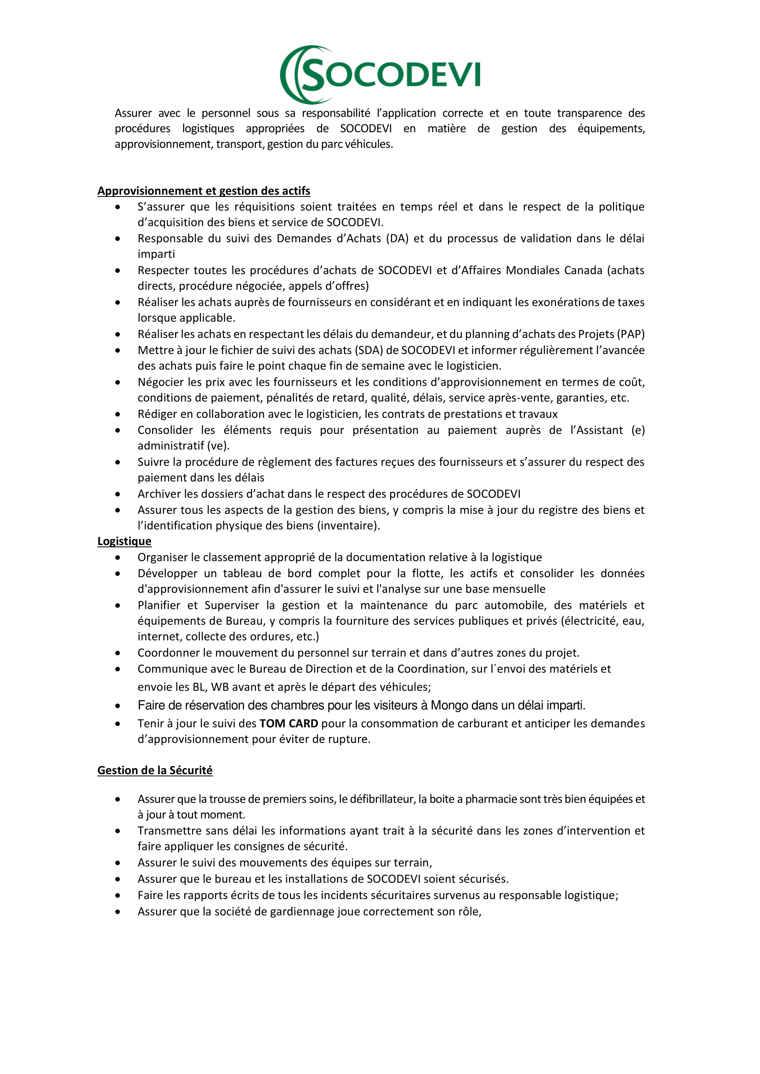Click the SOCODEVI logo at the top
click(x=380, y=74)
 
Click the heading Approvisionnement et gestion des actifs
click(x=204, y=191)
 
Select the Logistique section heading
click(x=124, y=541)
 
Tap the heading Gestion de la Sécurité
click(x=154, y=770)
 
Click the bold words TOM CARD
click(x=289, y=724)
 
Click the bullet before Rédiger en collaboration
click(x=118, y=415)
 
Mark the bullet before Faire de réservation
click(x=118, y=706)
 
